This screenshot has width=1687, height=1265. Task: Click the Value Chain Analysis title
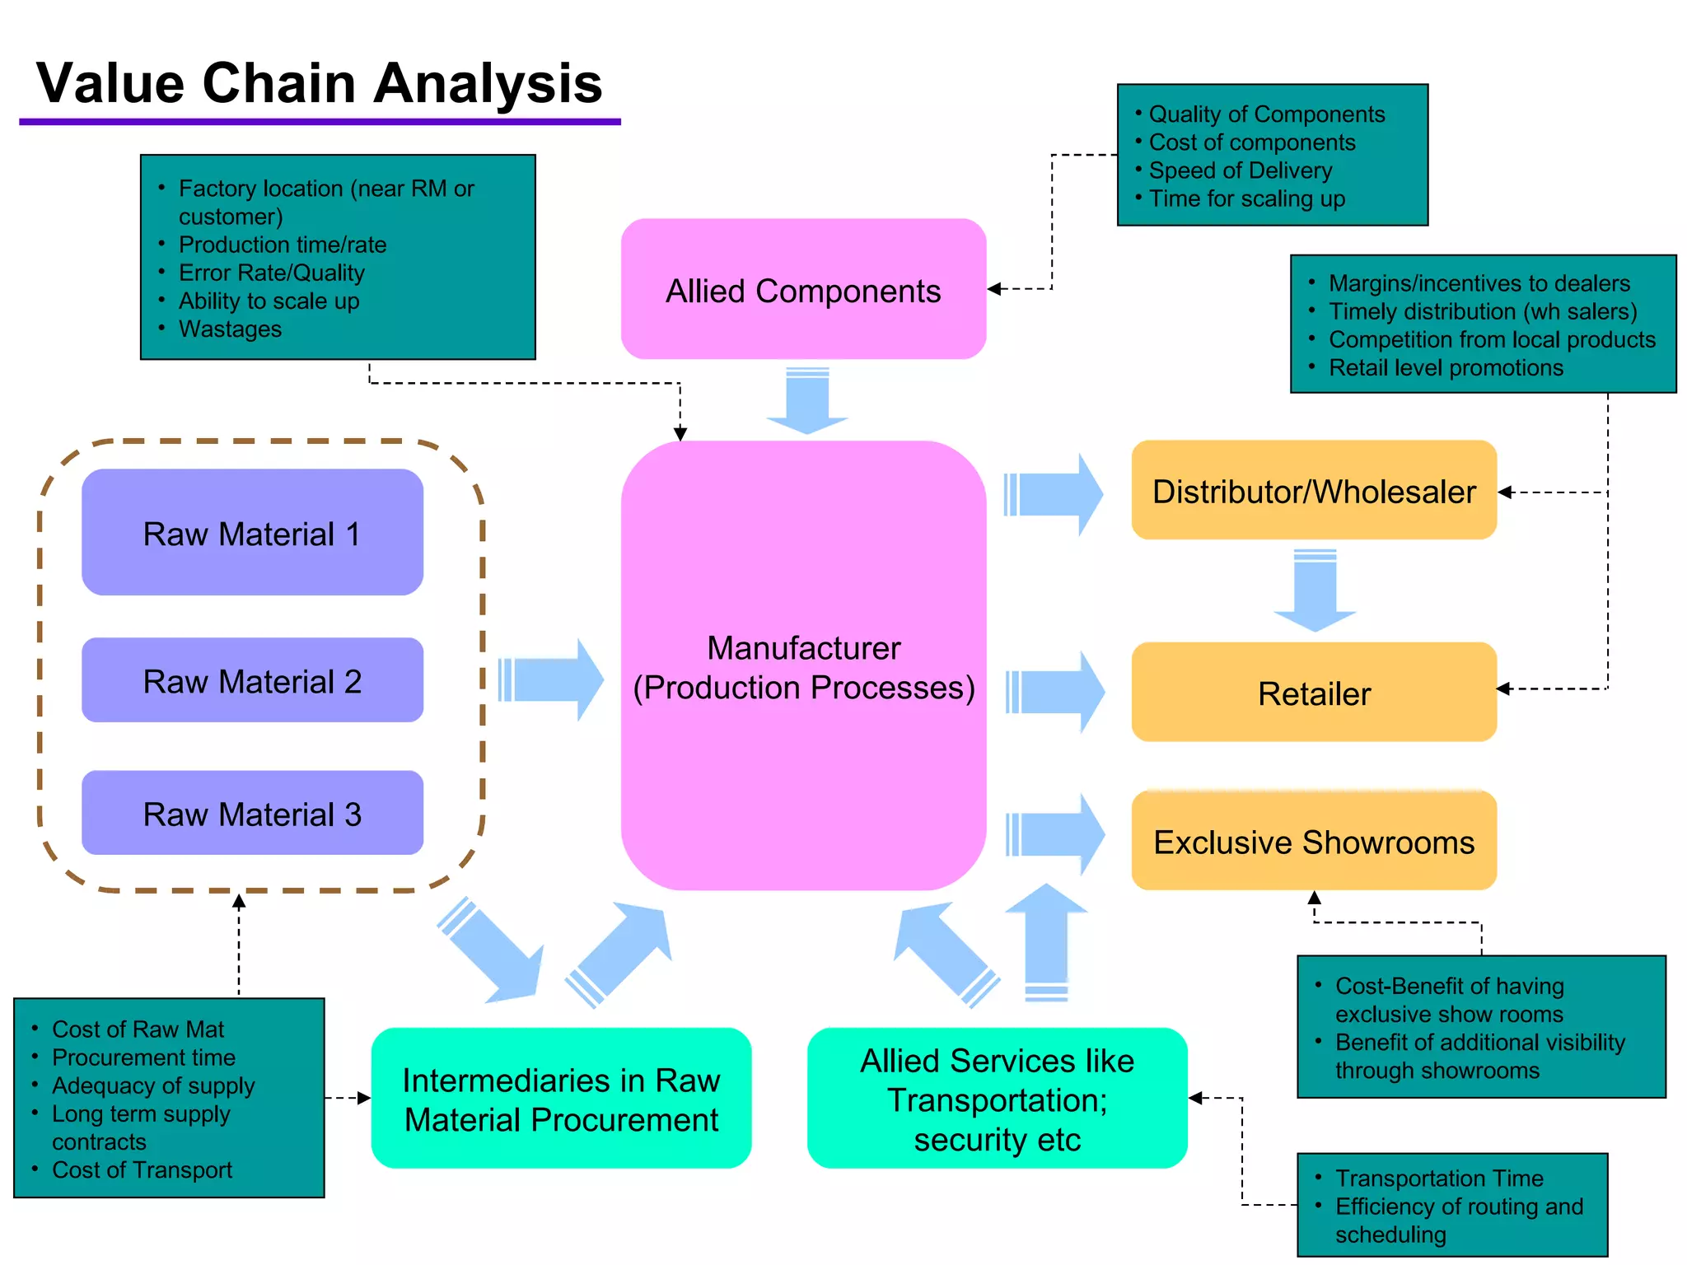point(320,83)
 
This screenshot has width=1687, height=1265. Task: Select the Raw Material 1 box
point(252,533)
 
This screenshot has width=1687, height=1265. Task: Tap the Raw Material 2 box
point(252,680)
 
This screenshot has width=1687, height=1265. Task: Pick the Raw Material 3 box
point(252,814)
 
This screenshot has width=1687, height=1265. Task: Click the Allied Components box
point(803,290)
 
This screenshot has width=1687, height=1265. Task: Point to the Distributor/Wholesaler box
point(1314,491)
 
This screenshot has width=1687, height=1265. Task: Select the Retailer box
point(1314,693)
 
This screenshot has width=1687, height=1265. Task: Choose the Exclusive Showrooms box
point(1314,842)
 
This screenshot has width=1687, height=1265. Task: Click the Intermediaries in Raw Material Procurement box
point(561,1099)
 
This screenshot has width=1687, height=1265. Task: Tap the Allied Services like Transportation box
point(997,1099)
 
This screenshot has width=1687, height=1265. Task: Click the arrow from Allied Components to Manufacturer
point(807,401)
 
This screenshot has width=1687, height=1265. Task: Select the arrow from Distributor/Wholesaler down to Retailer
point(1315,590)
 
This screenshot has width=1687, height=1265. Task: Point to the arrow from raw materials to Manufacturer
point(550,680)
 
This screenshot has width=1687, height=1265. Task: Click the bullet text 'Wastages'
point(230,329)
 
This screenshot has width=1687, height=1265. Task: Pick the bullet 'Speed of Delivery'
point(1240,170)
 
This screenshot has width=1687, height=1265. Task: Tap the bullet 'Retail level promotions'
point(1446,368)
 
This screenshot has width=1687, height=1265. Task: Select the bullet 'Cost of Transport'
point(142,1170)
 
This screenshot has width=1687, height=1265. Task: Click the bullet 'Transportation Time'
point(1439,1179)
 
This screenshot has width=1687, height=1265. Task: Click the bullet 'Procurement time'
point(143,1057)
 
